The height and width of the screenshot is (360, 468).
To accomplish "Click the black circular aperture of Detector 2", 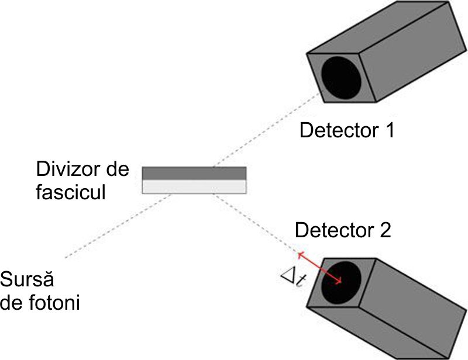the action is coord(341,283).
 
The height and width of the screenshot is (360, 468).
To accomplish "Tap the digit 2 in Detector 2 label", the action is coord(385,230).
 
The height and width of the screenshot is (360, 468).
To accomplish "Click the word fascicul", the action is coord(71,192).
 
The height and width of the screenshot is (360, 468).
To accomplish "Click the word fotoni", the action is coord(55,303).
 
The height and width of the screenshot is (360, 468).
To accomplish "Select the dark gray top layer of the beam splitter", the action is coord(194,174).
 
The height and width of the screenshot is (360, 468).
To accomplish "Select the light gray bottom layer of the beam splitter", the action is coord(194,186).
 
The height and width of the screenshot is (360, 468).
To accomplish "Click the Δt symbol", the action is coord(294,279).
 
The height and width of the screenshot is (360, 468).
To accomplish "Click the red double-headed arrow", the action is coord(320,268).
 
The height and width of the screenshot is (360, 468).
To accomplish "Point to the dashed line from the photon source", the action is coord(118,226).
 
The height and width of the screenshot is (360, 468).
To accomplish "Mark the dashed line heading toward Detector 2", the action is coord(256,223).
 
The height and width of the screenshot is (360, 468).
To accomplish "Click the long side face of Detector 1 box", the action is coord(412,51).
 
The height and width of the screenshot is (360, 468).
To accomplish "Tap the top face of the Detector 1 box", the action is coord(378,27).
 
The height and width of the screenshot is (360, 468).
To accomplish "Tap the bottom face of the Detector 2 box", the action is coord(378,333).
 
